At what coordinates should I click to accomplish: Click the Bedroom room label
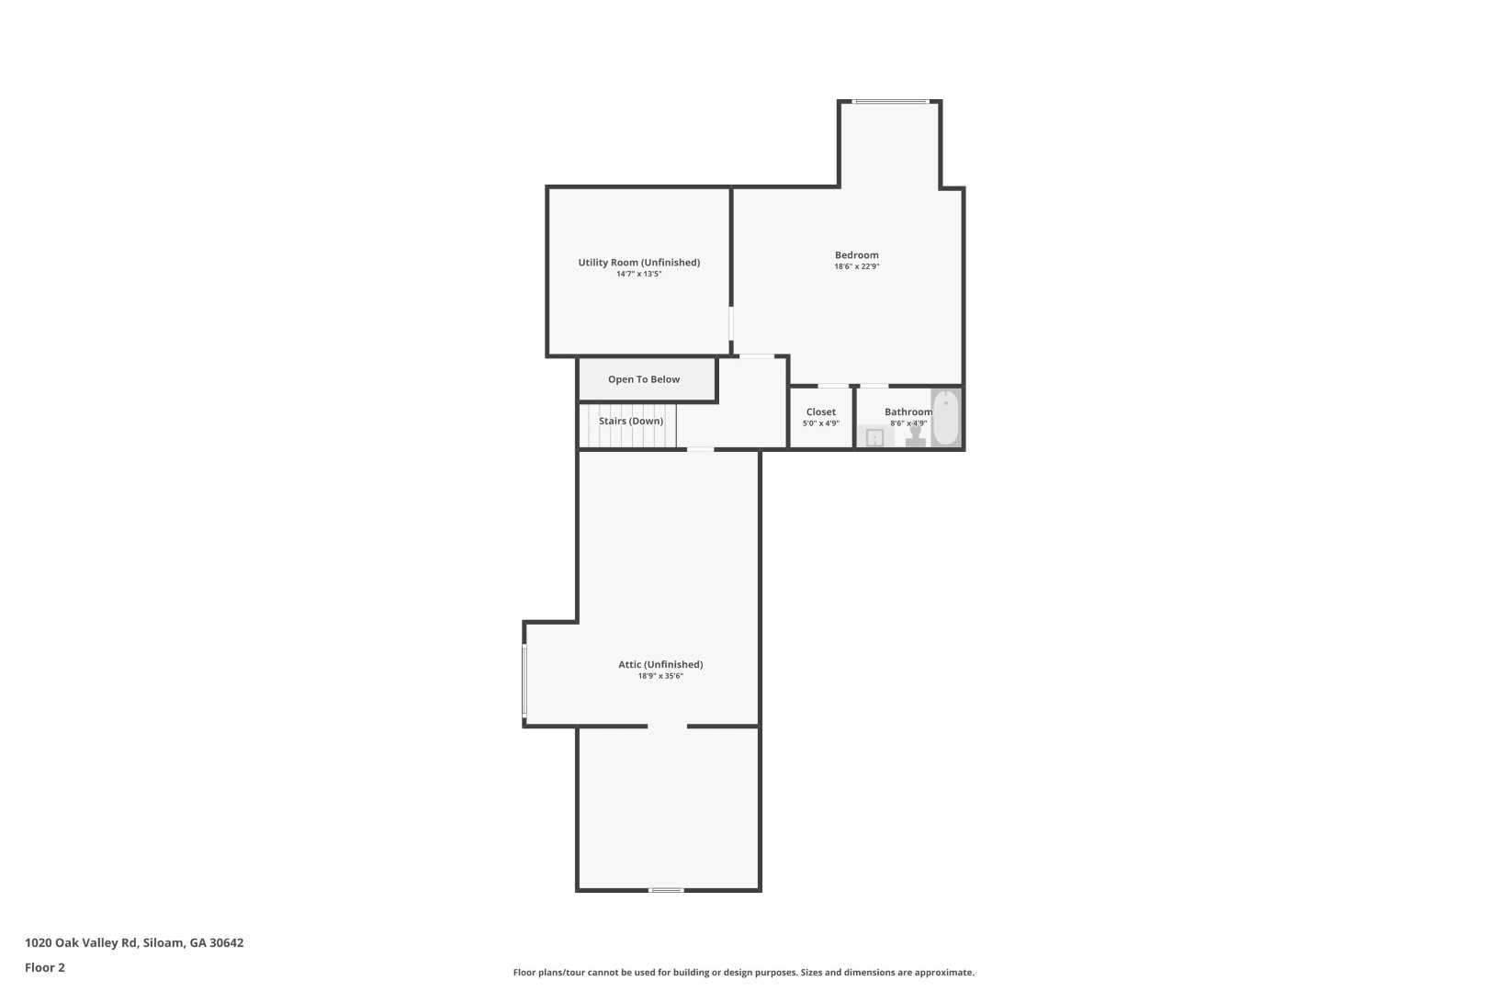[x=856, y=255]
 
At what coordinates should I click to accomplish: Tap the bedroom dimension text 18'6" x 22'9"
[x=856, y=266]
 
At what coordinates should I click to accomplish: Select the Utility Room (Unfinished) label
[x=639, y=263]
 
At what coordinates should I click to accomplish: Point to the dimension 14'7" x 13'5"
[x=639, y=274]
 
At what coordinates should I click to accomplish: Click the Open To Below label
[x=644, y=379]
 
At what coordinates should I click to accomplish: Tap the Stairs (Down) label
[x=631, y=422]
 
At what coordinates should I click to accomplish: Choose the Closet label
[x=821, y=411]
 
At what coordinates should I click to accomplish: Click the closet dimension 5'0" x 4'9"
[x=821, y=423]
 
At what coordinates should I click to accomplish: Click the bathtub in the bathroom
[x=946, y=418]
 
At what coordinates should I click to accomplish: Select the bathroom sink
[x=874, y=437]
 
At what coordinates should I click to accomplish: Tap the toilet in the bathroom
[x=916, y=436]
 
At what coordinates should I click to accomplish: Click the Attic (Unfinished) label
[x=660, y=664]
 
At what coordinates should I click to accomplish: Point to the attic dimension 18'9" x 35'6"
[x=660, y=676]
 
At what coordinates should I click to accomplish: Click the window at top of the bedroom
[x=890, y=102]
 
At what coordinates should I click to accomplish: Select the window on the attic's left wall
[x=524, y=681]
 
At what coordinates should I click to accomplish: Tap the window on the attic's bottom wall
[x=666, y=890]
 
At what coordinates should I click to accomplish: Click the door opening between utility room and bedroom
[x=731, y=323]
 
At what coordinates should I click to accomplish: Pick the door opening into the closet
[x=833, y=386]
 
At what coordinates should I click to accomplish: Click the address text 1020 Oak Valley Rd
[x=81, y=942]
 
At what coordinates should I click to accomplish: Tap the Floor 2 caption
[x=44, y=967]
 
